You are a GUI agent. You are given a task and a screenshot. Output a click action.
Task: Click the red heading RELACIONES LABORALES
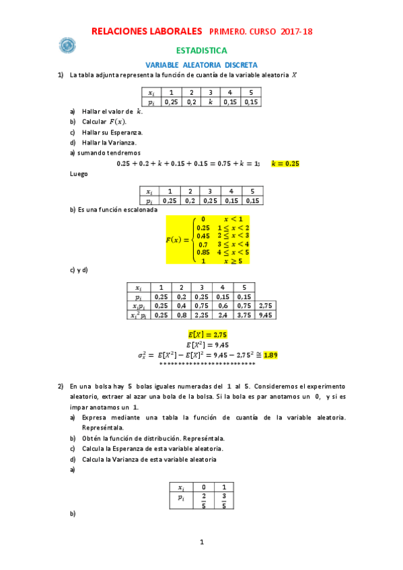pos(146,31)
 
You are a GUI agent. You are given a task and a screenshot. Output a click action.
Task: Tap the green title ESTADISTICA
pos(202,50)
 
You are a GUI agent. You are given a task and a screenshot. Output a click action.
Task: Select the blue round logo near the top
pos(67,45)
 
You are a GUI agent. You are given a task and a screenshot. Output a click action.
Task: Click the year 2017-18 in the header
pos(296,32)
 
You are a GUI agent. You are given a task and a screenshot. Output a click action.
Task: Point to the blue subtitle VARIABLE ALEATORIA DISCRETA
pos(201,65)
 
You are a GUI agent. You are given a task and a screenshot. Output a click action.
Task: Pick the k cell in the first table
pos(210,102)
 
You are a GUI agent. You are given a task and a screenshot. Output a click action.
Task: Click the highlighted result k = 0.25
pos(285,163)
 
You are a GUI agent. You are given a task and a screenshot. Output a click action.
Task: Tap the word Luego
pos(79,173)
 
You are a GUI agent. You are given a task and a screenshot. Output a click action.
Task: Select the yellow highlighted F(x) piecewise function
pos(209,240)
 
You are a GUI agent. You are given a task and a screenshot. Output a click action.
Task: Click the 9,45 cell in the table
pos(266,314)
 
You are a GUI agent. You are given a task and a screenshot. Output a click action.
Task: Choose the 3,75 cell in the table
pos(244,314)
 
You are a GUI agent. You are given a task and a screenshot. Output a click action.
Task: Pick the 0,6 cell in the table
pos(223,305)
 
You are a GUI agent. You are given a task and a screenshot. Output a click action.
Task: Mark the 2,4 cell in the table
pos(223,314)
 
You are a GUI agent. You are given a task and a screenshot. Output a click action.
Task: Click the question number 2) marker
pos(61,386)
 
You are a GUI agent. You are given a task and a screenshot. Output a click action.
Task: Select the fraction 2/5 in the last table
pos(204,501)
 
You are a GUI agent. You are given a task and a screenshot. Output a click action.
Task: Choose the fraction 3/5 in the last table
pos(224,501)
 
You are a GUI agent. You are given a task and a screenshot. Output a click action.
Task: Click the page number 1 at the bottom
pos(201,542)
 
